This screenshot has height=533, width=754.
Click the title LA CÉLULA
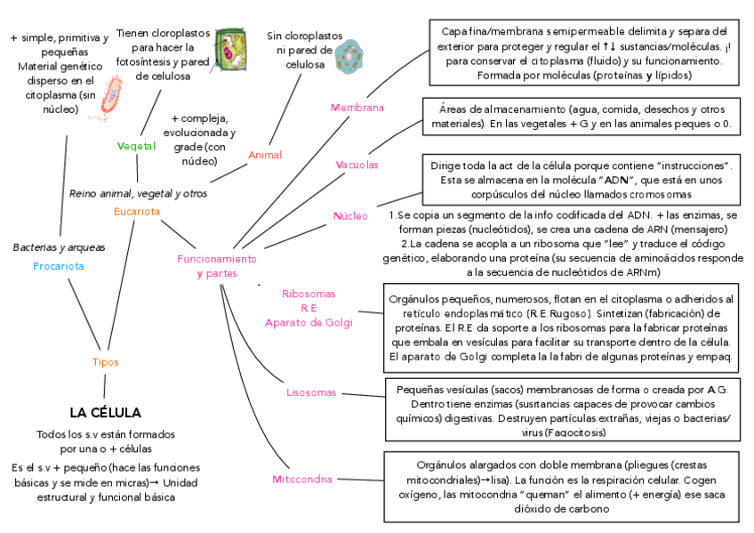tap(105, 413)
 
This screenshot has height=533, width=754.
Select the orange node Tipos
tap(105, 362)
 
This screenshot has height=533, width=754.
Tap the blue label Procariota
tap(59, 266)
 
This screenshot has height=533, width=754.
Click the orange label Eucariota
tap(137, 212)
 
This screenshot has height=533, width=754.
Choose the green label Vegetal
tap(136, 146)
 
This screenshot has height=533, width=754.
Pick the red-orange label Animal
tap(264, 155)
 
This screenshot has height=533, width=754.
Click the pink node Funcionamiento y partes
tap(217, 265)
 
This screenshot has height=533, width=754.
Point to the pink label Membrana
tap(357, 108)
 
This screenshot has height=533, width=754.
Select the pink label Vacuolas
tap(357, 166)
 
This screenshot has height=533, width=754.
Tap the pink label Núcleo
tap(350, 216)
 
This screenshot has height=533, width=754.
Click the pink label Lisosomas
tap(311, 392)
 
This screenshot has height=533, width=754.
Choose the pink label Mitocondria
tap(302, 480)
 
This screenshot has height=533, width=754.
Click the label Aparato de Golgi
tap(309, 322)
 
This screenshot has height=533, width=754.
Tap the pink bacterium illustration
tap(114, 96)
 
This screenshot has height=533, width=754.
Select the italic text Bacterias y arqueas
tap(59, 247)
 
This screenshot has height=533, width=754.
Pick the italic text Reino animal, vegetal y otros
tap(138, 193)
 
